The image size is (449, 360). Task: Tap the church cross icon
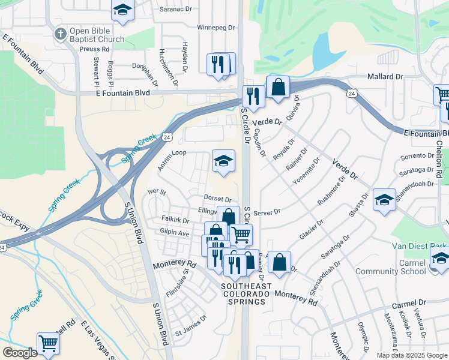(59, 34)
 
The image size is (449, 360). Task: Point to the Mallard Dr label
(385, 77)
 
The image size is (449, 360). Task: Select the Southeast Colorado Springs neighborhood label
(243, 294)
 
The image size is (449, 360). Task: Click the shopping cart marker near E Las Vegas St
(48, 344)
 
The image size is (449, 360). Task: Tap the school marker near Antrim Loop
(223, 161)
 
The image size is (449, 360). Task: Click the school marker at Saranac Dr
(122, 10)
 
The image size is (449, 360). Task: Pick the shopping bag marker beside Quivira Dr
(279, 87)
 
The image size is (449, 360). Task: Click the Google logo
(20, 353)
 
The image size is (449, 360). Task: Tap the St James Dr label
(191, 332)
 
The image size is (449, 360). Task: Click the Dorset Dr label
(217, 199)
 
